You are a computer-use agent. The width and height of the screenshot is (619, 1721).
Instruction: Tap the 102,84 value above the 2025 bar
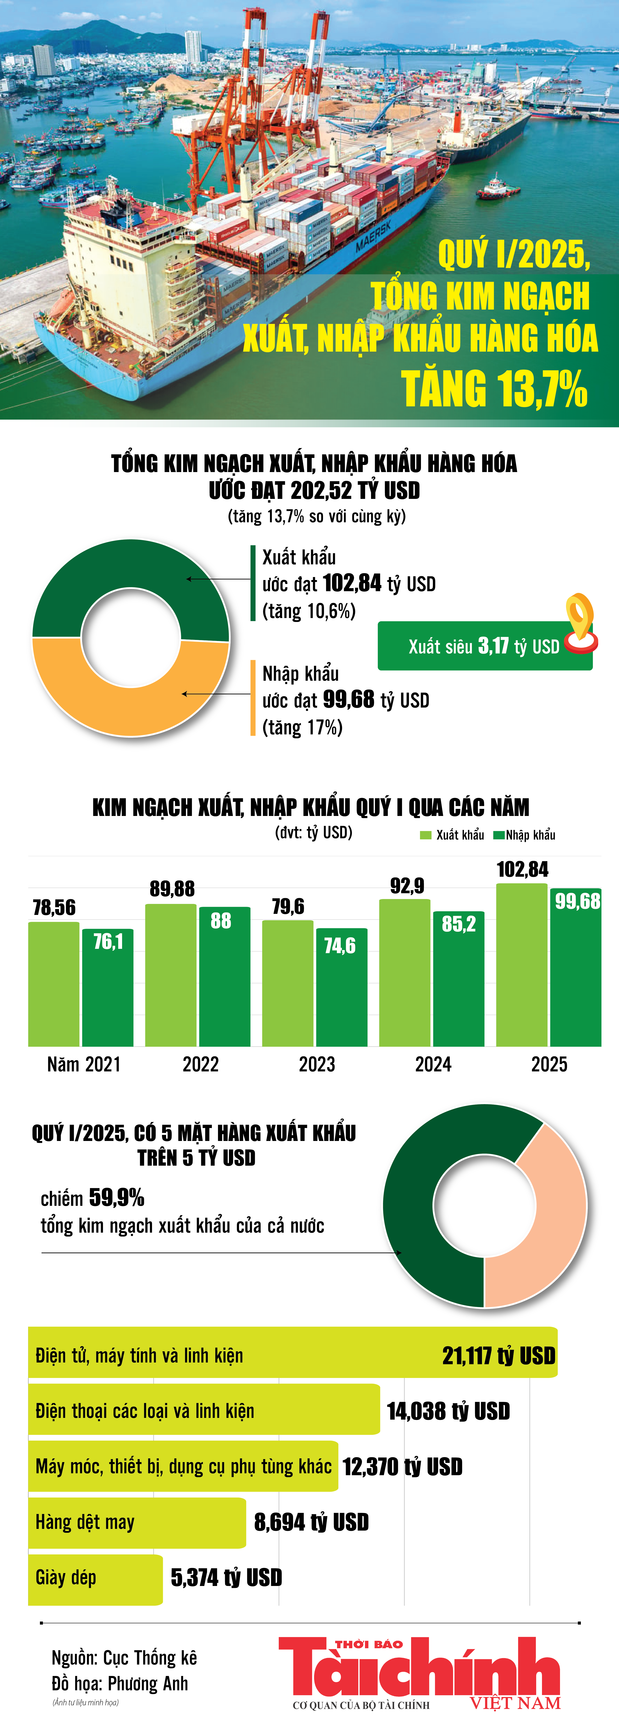point(522,869)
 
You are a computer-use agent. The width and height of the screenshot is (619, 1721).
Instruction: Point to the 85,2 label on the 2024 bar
point(459,924)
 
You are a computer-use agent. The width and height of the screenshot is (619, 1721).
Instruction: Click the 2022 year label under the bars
point(200,1064)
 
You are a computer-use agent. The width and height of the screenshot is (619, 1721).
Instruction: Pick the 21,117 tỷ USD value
point(498,1356)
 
